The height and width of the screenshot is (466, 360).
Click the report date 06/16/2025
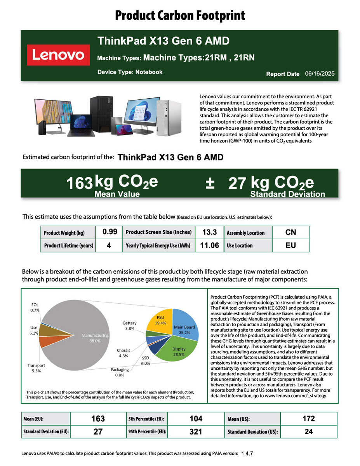point(320,73)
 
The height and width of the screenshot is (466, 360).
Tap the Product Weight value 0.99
point(110,232)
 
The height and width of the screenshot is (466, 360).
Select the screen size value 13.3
point(209,232)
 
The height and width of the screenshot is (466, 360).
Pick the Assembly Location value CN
point(290,232)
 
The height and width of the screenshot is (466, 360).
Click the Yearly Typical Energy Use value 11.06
point(209,245)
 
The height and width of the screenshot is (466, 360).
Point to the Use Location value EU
point(290,245)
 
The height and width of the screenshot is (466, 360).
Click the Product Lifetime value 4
point(109,245)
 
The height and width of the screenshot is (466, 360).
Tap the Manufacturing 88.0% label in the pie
point(95,338)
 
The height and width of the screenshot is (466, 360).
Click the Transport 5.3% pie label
point(36,368)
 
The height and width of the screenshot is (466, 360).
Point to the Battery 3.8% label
point(130,325)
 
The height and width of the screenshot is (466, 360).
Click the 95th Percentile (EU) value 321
point(196,431)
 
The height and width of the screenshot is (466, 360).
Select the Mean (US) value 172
point(308,419)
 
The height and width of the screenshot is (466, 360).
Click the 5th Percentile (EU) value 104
point(196,419)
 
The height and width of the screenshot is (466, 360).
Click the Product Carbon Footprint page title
point(180,16)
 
